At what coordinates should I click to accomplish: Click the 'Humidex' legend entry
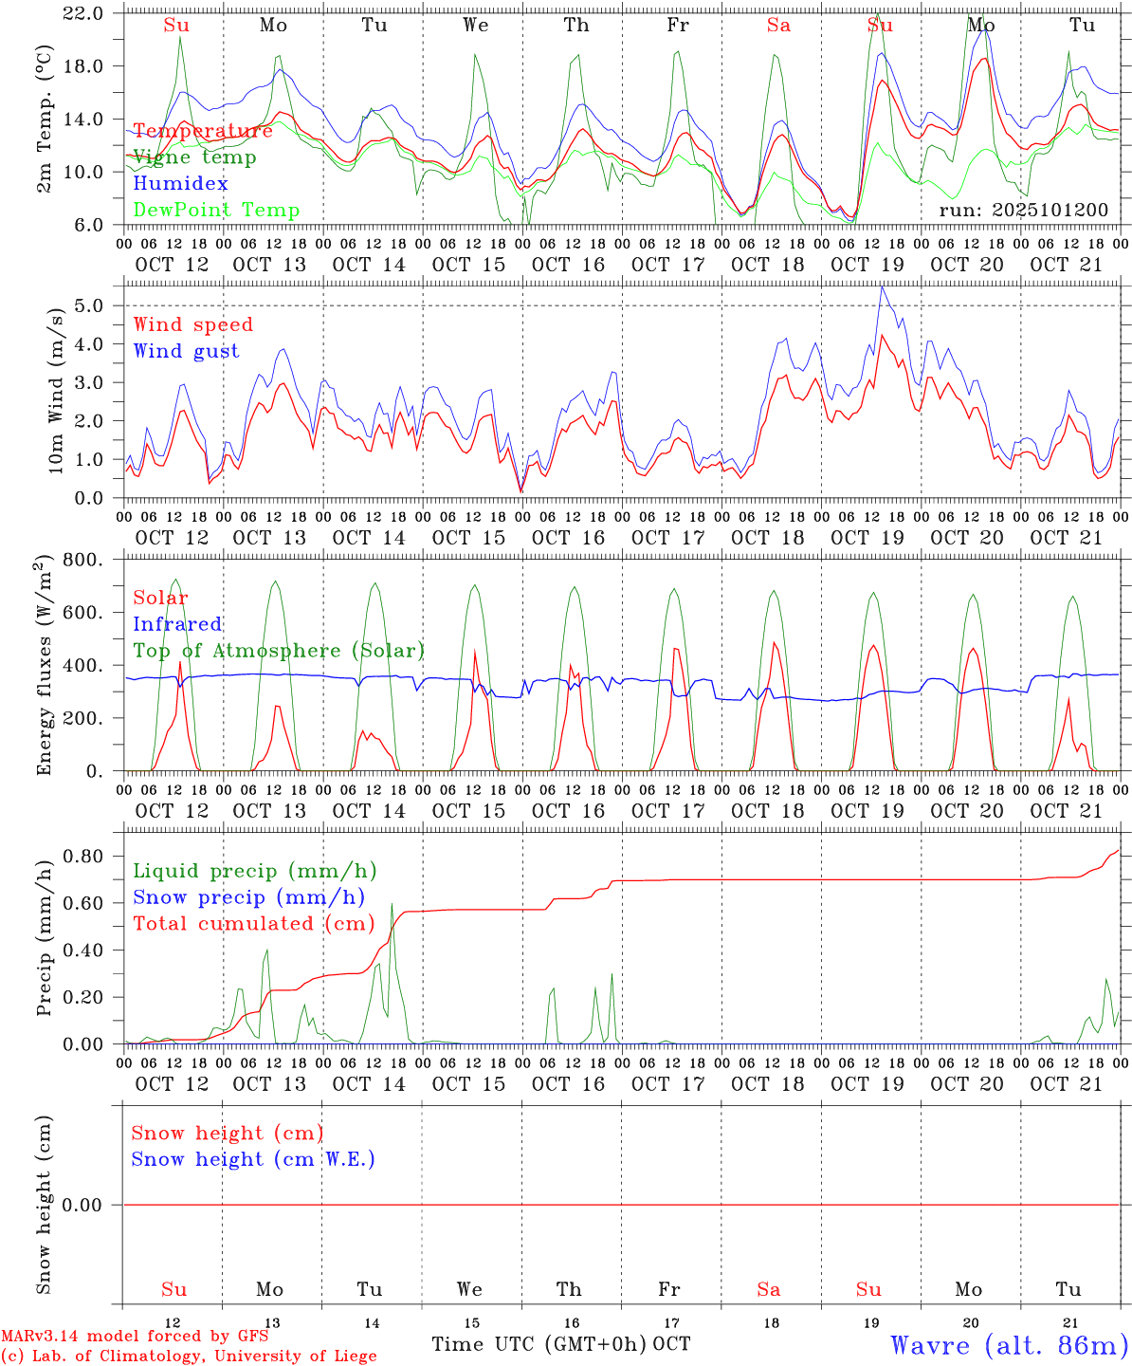click(x=180, y=184)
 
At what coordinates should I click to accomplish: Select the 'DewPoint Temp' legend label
click(x=216, y=211)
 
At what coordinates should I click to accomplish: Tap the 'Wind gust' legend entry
click(x=186, y=351)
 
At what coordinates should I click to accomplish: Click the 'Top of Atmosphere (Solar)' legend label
click(x=279, y=651)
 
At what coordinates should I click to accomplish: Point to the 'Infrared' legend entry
click(x=177, y=624)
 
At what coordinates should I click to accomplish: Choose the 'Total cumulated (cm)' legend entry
click(x=254, y=924)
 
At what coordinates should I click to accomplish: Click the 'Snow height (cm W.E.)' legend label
click(x=253, y=1159)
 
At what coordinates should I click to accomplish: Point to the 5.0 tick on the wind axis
click(x=92, y=305)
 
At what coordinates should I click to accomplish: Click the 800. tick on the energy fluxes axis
click(x=85, y=560)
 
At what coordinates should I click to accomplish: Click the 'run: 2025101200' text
click(x=1023, y=211)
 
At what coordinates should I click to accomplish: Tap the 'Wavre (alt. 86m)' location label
click(x=1009, y=1345)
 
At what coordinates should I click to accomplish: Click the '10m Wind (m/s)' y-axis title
click(x=57, y=389)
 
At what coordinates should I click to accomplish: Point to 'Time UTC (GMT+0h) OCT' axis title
click(x=560, y=1344)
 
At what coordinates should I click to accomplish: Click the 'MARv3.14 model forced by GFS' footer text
click(x=135, y=1337)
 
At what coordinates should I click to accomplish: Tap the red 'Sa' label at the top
click(x=778, y=26)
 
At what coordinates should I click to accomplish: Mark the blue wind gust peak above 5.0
click(x=882, y=287)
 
